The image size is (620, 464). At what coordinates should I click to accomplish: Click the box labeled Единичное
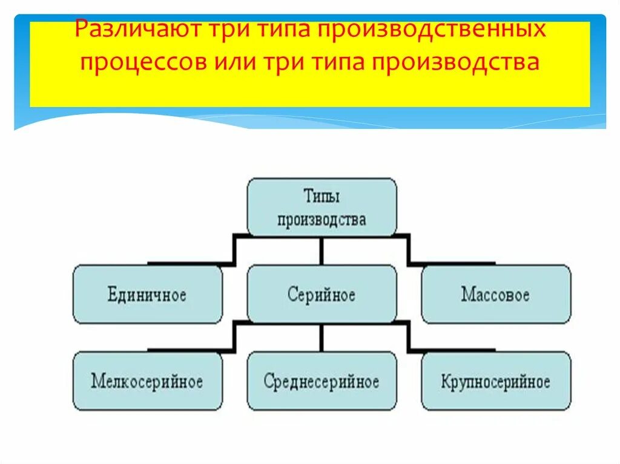[x=147, y=295]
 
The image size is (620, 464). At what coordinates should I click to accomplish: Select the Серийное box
[x=322, y=295]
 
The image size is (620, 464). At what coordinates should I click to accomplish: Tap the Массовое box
[x=495, y=295]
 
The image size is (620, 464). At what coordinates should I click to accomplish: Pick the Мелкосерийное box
[x=147, y=382]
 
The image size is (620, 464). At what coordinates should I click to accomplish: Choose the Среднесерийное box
[x=322, y=382]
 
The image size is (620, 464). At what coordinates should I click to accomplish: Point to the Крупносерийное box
[x=495, y=382]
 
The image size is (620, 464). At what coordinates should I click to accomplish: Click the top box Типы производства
[x=322, y=207]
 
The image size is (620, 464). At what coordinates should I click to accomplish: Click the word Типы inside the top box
[x=322, y=197]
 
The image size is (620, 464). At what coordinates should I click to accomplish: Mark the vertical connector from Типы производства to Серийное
[x=322, y=250]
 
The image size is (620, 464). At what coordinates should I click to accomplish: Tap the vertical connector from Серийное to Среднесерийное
[x=322, y=337]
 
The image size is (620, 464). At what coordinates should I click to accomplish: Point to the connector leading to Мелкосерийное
[x=234, y=336]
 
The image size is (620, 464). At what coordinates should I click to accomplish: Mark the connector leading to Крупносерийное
[x=409, y=336]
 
